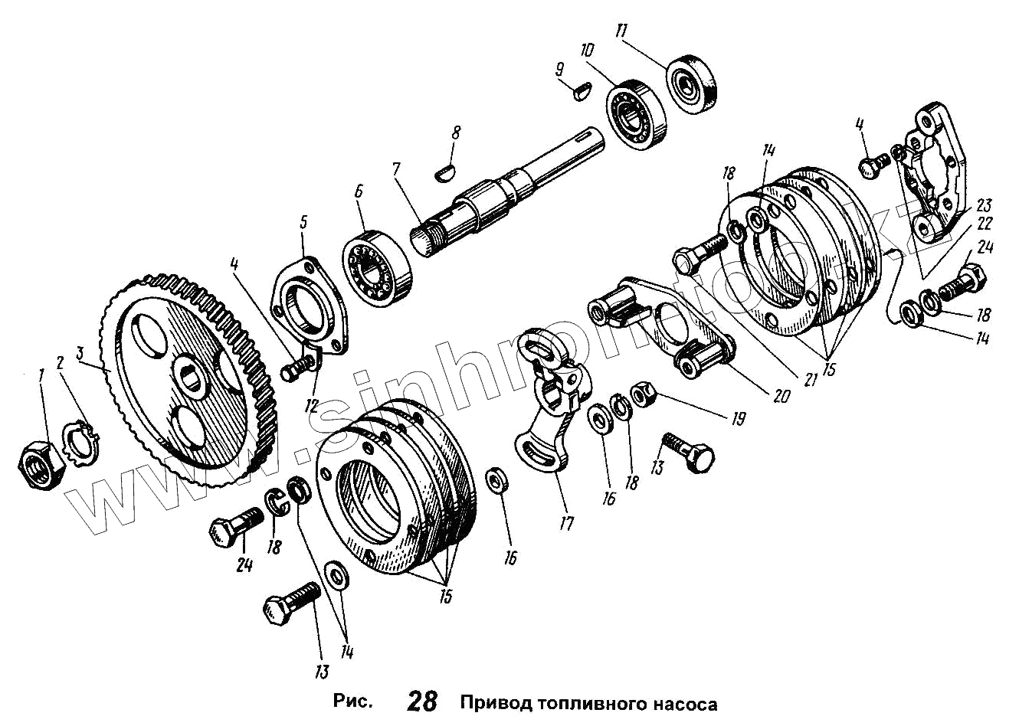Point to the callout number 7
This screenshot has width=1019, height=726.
[396, 169]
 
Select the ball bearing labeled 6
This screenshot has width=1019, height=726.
[377, 269]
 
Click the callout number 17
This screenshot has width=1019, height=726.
[566, 524]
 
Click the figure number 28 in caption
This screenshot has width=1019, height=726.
[422, 701]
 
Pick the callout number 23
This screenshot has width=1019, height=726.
[983, 205]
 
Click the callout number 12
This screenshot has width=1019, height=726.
[312, 405]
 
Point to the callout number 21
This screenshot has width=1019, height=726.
[809, 379]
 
